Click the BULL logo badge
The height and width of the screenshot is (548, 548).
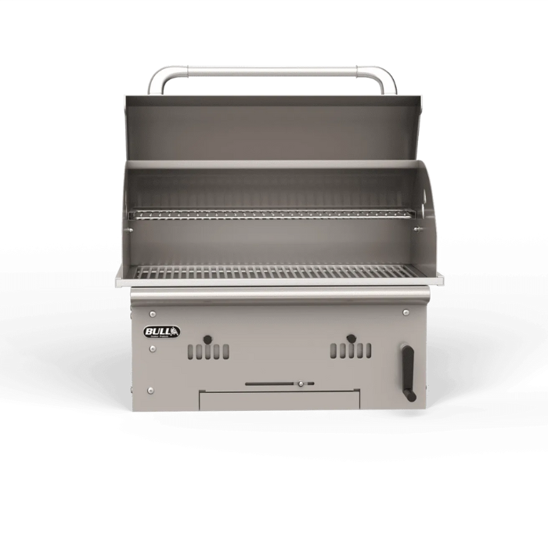click(x=162, y=332)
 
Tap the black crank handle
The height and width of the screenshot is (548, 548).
click(x=408, y=373)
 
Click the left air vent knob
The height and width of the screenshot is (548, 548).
click(x=207, y=339)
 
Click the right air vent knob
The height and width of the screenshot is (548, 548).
click(x=351, y=339)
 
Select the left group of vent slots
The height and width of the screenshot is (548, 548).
click(x=208, y=352)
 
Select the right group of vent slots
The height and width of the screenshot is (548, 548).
click(x=351, y=352)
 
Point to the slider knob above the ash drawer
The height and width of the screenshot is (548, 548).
click(x=300, y=384)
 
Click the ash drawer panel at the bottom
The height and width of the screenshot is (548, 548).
click(x=279, y=399)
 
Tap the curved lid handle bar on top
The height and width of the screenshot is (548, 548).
click(x=272, y=70)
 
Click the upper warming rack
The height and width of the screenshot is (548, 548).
click(x=272, y=213)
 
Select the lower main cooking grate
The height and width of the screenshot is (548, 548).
click(x=272, y=272)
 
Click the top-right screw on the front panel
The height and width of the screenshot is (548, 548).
click(x=406, y=312)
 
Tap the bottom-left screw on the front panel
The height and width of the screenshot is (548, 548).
click(x=150, y=390)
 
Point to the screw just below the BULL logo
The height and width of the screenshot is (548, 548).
click(x=151, y=349)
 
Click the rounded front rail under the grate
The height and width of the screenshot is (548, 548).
click(x=279, y=294)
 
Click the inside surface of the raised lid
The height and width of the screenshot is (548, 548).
click(x=272, y=129)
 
